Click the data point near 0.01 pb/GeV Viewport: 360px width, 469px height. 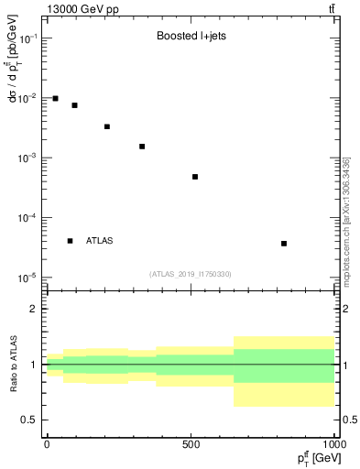[x=56, y=98]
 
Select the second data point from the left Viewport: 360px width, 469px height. [x=75, y=105]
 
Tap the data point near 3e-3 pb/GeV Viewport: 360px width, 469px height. [x=107, y=126]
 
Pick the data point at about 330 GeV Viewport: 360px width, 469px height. [x=142, y=147]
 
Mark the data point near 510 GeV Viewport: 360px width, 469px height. [x=195, y=177]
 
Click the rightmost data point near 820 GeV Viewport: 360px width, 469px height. [x=284, y=244]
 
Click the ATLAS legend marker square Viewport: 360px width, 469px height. [x=71, y=241]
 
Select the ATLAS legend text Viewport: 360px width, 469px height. [x=100, y=241]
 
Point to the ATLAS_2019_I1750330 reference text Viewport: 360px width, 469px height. [x=191, y=274]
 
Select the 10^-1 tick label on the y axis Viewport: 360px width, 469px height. [x=28, y=38]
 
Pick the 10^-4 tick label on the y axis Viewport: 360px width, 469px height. [x=28, y=218]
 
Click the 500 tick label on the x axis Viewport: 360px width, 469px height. [x=191, y=444]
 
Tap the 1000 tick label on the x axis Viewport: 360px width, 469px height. [x=334, y=444]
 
